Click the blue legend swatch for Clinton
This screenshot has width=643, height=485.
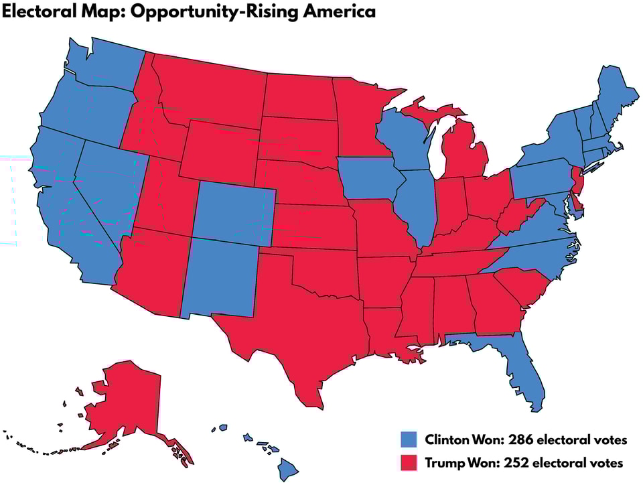409,440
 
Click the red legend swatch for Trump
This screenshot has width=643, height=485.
409,463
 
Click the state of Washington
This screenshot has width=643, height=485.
107,67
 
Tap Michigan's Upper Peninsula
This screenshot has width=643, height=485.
429,111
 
